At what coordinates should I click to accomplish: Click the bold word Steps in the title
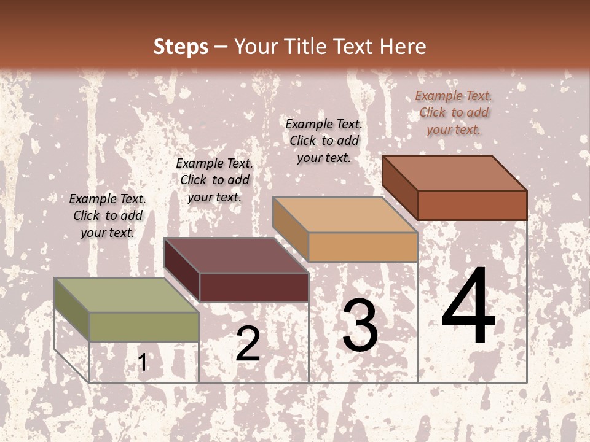tap(181, 47)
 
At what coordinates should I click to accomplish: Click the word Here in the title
tap(403, 47)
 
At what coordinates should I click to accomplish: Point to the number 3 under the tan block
tap(360, 325)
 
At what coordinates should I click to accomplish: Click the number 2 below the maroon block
tap(248, 344)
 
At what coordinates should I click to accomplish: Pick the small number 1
tap(143, 362)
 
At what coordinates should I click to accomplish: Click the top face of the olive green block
tap(126, 295)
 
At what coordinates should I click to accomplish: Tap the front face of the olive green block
tap(144, 327)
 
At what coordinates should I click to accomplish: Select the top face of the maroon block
tap(236, 255)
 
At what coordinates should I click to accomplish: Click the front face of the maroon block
tap(254, 287)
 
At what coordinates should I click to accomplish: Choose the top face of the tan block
tap(345, 215)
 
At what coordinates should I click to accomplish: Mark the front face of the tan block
tap(363, 247)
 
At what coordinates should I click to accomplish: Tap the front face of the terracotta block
tap(472, 204)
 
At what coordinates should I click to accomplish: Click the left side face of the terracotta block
tap(400, 187)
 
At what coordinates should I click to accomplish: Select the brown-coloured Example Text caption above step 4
tap(454, 112)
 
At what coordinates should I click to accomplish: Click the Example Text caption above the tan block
tap(324, 141)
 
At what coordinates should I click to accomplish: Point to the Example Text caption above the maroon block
tap(214, 180)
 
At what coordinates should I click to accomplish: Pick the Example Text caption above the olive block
tap(108, 215)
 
